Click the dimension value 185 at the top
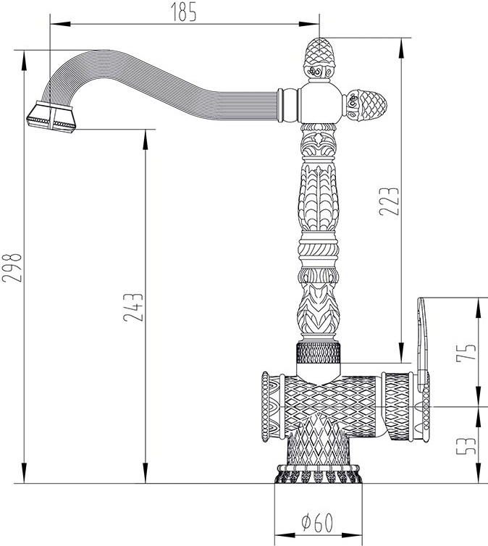(x=183, y=12)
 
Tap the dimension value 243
(x=133, y=307)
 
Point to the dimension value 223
(x=389, y=201)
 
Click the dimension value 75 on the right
(x=466, y=352)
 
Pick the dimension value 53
(x=466, y=446)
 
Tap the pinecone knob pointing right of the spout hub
(x=366, y=104)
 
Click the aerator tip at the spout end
(x=51, y=117)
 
